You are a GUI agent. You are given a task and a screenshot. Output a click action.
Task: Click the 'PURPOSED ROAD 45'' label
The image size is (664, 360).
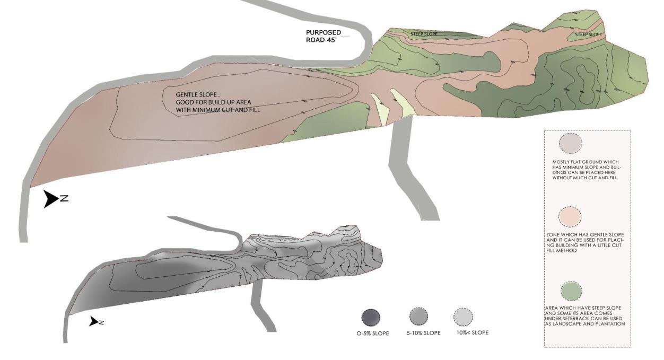click(324, 36)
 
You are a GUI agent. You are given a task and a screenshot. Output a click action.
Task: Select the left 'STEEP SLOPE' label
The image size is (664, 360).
click(424, 34)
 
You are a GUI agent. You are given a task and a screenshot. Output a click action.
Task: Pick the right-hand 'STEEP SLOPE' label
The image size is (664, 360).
click(588, 35)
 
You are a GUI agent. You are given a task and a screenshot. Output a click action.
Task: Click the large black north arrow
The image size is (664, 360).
click(51, 199)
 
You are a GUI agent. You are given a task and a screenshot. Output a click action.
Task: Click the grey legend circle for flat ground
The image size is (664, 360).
click(571, 144)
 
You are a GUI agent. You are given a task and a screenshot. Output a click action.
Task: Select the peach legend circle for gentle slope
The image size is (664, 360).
click(571, 216)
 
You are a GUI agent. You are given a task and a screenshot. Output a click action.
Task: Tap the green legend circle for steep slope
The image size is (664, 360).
click(571, 291)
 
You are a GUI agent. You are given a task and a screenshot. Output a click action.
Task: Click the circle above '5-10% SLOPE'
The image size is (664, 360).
click(418, 317)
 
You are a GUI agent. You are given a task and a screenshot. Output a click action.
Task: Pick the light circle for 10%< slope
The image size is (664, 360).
click(463, 317)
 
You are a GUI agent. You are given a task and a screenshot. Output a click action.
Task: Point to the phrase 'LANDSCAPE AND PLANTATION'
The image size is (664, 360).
click(588, 323)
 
